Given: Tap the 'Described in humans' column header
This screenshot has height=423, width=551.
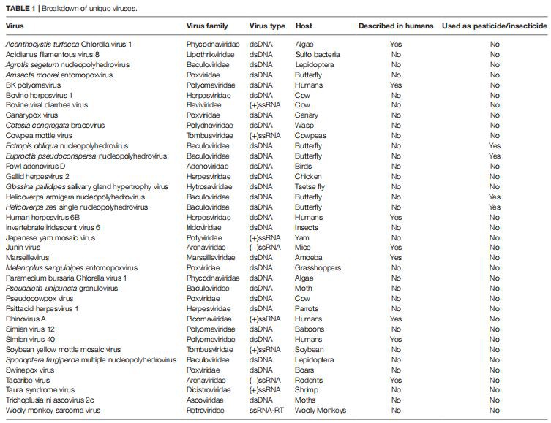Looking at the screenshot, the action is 395,26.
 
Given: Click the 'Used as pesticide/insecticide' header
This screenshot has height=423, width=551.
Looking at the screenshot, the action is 494,26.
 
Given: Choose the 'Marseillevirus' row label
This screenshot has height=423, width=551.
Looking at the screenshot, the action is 28,257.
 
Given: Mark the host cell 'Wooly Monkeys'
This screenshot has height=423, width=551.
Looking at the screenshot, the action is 321,410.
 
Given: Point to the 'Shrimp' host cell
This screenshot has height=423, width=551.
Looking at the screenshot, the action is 307,389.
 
